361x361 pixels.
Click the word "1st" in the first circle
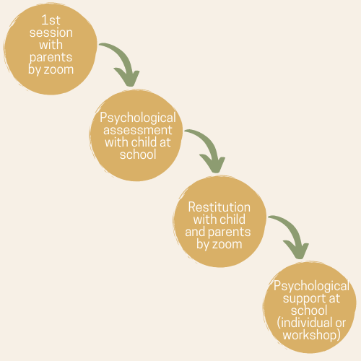tap(51, 20)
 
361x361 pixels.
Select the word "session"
tap(51, 32)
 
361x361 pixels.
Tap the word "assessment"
tap(138, 130)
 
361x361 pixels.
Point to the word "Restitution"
tap(219, 207)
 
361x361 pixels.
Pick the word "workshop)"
tap(312, 335)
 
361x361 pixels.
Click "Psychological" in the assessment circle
tap(138, 118)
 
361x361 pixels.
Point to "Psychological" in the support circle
tap(311, 287)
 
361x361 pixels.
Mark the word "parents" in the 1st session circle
tap(51, 58)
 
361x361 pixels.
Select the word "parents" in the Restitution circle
tap(230, 232)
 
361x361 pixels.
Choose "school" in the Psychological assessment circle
tap(138, 155)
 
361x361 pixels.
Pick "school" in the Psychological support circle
tap(309, 310)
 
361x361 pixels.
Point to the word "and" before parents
tap(195, 232)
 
